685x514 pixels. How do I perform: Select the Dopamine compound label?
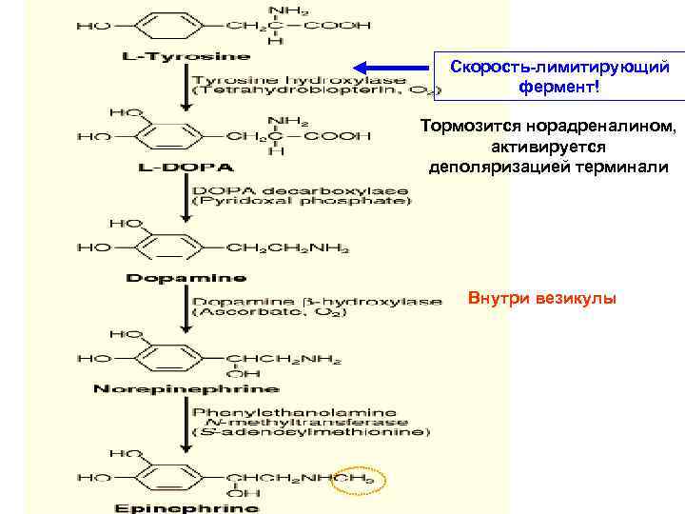click(x=186, y=278)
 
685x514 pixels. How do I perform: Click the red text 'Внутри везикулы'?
click(x=542, y=300)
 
